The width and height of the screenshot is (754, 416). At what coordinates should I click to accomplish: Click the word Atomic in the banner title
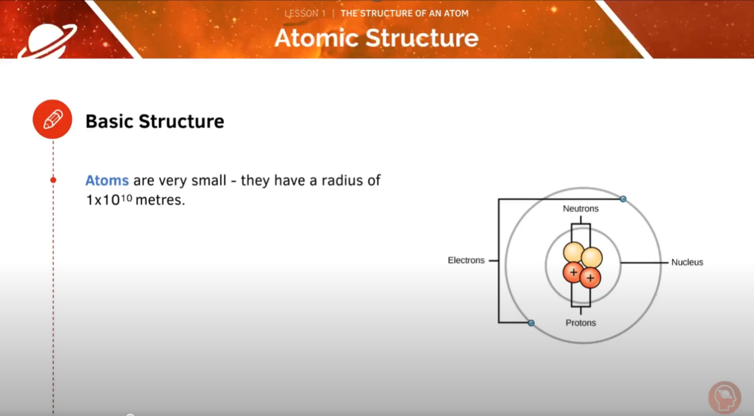(x=316, y=38)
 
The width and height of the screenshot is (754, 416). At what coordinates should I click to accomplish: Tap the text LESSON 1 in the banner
(x=305, y=13)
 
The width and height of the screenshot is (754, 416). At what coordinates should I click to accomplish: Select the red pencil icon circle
(x=52, y=120)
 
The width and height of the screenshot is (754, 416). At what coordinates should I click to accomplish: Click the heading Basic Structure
(x=155, y=121)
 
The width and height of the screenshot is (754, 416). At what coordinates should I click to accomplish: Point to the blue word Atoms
(x=107, y=180)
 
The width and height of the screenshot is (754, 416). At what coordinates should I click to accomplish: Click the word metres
(x=160, y=200)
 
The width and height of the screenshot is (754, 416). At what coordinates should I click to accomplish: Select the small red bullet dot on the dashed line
(x=53, y=180)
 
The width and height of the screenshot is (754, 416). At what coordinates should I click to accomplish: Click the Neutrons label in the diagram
(x=580, y=209)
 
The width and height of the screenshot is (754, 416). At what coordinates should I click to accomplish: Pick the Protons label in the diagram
(x=580, y=323)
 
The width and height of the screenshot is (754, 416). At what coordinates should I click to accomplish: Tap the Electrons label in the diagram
(x=466, y=260)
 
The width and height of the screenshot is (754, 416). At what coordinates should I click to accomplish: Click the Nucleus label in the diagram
(x=687, y=262)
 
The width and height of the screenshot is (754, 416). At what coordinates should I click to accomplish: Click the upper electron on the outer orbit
(x=623, y=199)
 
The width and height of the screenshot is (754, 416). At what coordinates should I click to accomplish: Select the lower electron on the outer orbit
(x=531, y=323)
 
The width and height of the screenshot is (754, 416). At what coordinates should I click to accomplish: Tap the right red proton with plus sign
(x=590, y=278)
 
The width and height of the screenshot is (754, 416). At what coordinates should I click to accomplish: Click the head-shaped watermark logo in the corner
(x=724, y=397)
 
